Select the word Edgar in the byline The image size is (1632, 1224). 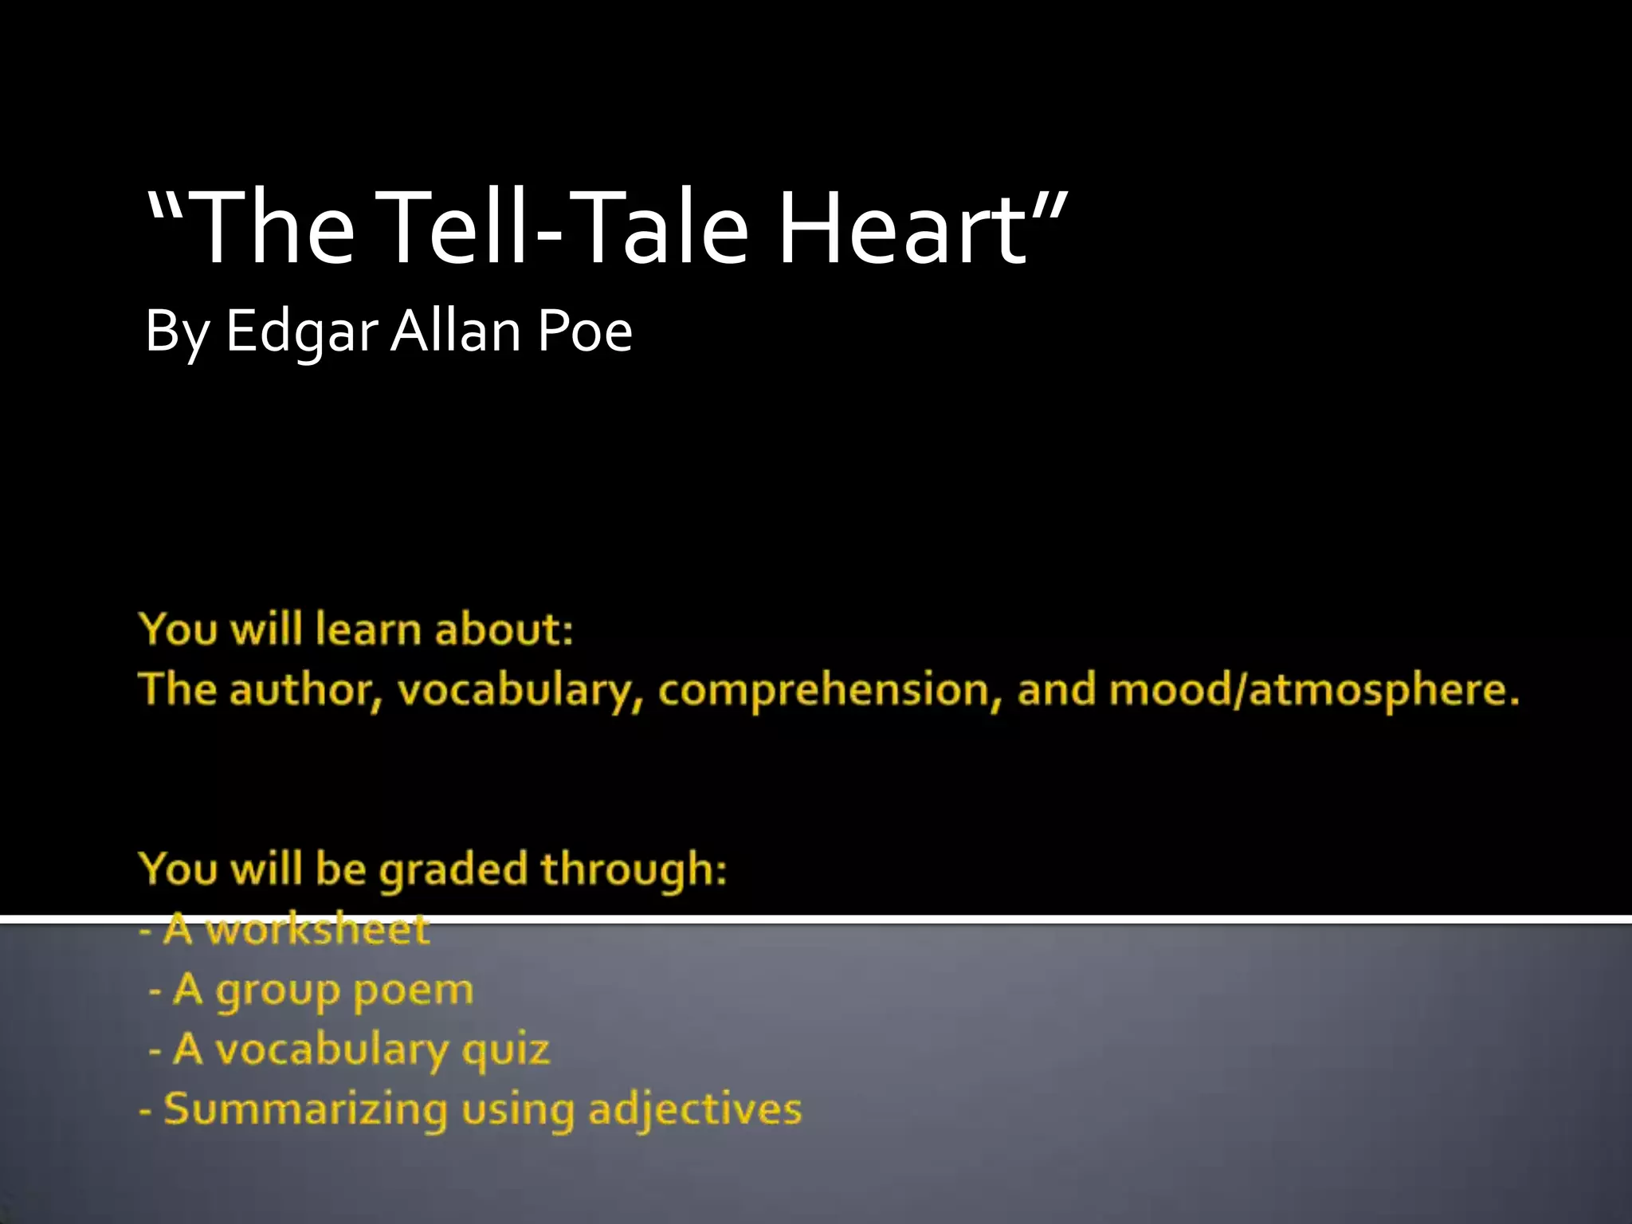click(x=302, y=331)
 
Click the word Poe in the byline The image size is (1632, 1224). click(x=585, y=330)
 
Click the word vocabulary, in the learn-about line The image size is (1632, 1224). click(x=519, y=690)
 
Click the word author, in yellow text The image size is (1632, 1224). click(x=305, y=690)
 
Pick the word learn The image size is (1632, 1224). click(x=367, y=630)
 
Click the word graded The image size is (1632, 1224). click(x=453, y=869)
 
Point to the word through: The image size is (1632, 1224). click(x=634, y=869)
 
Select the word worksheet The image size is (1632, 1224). click(x=318, y=929)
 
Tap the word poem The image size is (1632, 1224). click(x=413, y=990)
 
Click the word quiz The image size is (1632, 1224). click(x=506, y=1050)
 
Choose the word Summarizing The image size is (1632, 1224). click(x=305, y=1109)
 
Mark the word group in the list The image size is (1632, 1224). click(x=277, y=991)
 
